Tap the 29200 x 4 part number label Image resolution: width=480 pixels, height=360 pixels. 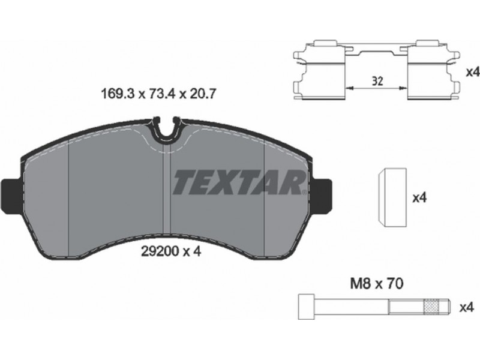tap(171, 251)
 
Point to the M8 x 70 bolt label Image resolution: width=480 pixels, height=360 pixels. tap(377, 284)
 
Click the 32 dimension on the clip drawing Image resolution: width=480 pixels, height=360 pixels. tap(377, 81)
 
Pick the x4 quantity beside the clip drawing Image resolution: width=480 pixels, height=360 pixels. tap(472, 73)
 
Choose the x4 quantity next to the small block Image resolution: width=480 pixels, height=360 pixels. tap(419, 198)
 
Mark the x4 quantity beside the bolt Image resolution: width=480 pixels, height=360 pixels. tap(467, 307)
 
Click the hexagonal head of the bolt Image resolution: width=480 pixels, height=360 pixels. tap(306, 307)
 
